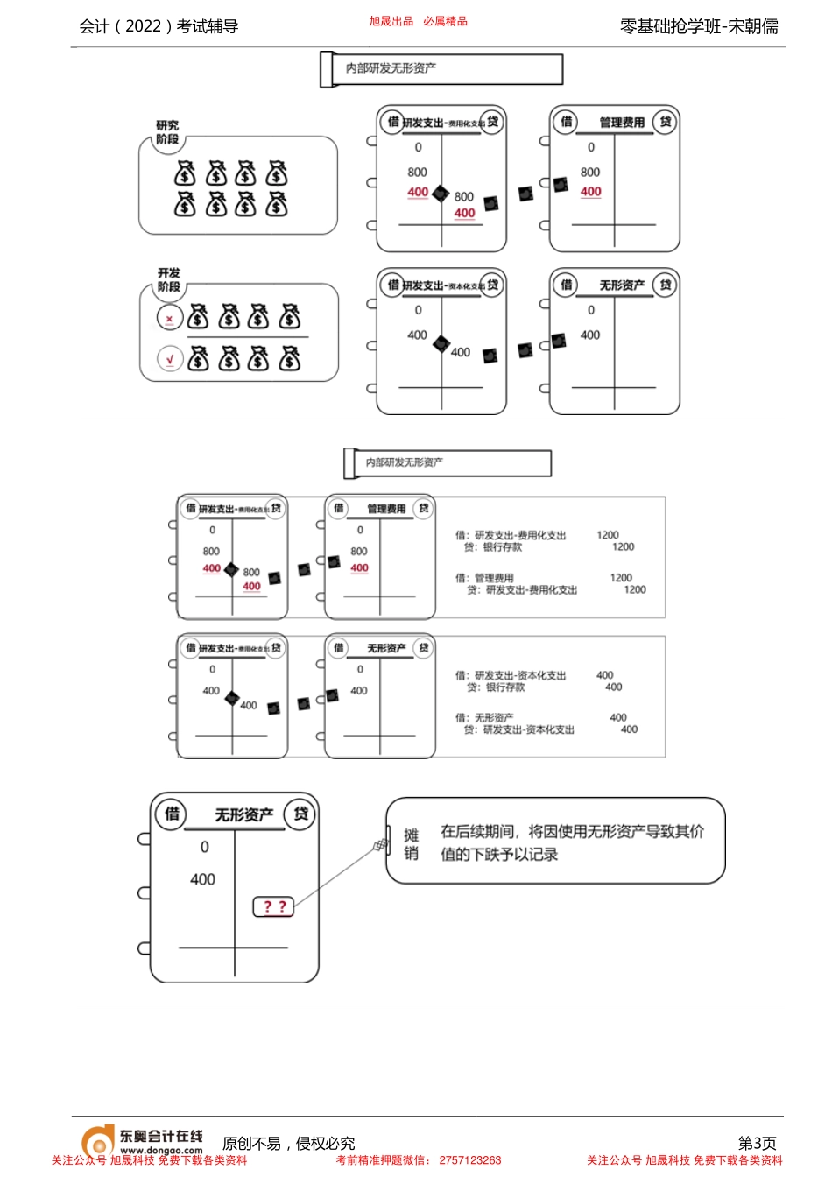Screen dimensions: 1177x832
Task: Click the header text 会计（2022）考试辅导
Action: click(159, 26)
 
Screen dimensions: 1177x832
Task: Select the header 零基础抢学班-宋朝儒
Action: click(698, 26)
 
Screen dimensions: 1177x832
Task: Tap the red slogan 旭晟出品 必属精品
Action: click(418, 21)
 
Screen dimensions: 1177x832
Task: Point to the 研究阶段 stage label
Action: click(167, 132)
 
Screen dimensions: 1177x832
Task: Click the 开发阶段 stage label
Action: click(168, 280)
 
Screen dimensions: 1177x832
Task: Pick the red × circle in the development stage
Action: click(170, 319)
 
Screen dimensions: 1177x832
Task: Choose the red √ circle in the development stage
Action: click(170, 359)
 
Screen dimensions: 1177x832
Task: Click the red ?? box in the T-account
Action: click(274, 906)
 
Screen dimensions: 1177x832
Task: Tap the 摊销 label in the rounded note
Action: click(411, 844)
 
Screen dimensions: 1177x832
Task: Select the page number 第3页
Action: click(757, 1143)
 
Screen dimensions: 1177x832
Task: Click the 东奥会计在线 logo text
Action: click(161, 1136)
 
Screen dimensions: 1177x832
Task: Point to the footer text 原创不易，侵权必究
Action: click(288, 1144)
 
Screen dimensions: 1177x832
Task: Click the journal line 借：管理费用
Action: click(484, 578)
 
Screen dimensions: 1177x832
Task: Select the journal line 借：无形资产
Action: click(484, 717)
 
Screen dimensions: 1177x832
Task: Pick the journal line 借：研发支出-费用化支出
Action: click(511, 535)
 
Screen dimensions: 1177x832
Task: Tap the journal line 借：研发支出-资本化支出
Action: click(511, 675)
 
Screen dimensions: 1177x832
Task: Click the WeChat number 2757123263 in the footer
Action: click(470, 1160)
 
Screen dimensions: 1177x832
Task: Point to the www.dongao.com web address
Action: click(161, 1151)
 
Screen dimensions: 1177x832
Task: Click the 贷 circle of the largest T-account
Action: click(300, 814)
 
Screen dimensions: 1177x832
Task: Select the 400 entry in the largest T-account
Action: click(202, 879)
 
